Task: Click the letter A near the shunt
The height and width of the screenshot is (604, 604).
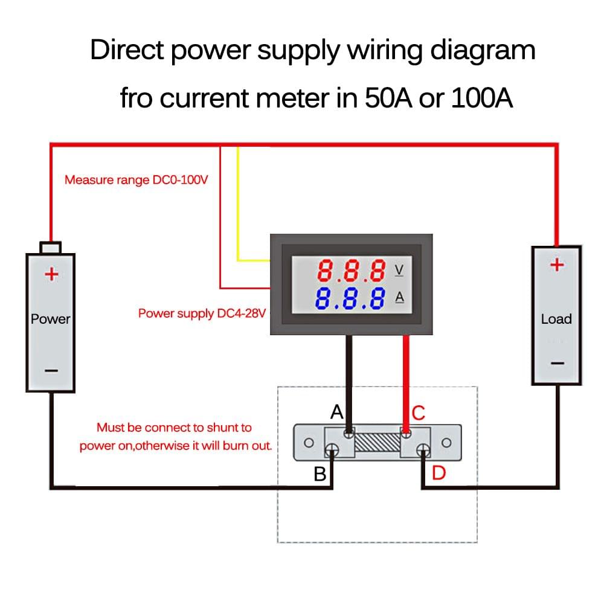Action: point(337,413)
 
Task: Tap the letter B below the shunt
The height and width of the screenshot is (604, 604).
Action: point(320,475)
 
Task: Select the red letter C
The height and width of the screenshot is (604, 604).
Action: point(419,414)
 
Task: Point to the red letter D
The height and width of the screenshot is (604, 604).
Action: point(439,474)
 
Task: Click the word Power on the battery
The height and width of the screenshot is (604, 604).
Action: point(51,319)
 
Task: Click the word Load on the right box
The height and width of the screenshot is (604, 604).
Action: point(556,319)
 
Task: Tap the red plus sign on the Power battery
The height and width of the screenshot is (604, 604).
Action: point(51,275)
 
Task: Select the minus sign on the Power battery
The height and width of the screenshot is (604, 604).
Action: point(51,370)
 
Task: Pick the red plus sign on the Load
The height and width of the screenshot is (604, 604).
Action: point(557,265)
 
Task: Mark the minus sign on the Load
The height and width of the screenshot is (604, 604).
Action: point(557,363)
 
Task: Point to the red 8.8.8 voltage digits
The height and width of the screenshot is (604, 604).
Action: point(352,271)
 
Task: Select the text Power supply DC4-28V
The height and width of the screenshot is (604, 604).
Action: point(202,313)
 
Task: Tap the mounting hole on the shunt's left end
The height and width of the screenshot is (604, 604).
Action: point(308,443)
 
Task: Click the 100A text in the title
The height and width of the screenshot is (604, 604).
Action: point(481,98)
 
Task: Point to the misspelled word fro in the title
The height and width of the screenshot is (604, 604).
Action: point(137,98)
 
